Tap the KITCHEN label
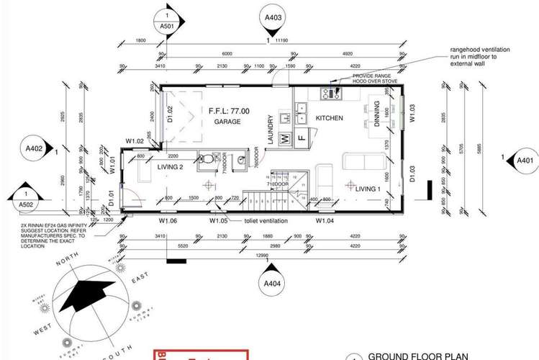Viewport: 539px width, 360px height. [329, 118]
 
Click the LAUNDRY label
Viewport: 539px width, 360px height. [271, 130]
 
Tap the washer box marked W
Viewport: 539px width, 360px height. [284, 137]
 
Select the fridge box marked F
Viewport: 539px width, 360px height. [302, 137]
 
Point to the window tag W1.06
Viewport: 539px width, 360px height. [168, 221]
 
